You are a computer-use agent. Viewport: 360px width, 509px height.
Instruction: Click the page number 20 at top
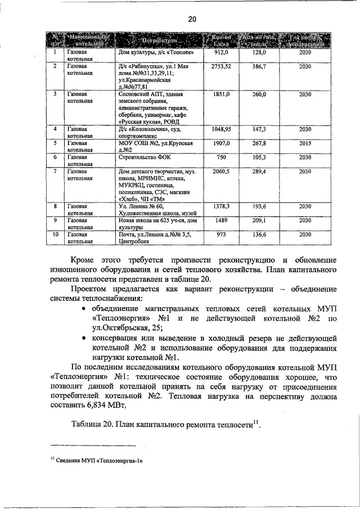coord(192,19)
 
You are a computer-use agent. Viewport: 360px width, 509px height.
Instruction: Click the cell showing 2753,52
coord(221,66)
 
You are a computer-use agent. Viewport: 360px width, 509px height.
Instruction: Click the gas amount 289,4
coord(259,171)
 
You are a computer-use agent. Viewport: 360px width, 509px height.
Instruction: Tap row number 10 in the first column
coord(55,235)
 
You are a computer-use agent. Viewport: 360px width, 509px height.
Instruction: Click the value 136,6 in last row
coord(259,235)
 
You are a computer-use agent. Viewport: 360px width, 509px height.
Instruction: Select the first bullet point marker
coord(84,309)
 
